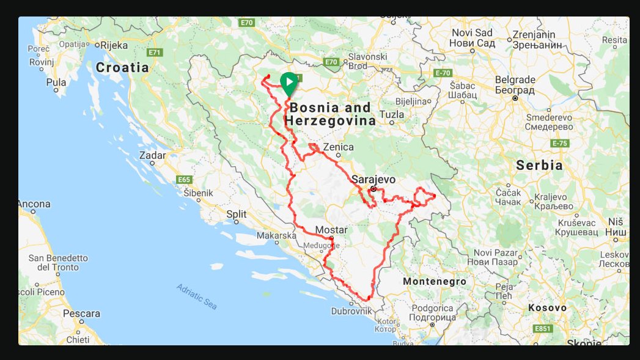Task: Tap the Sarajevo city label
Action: pyautogui.click(x=373, y=180)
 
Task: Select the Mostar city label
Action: pyautogui.click(x=331, y=230)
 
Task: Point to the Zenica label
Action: pyautogui.click(x=338, y=147)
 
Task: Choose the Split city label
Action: pyautogui.click(x=236, y=214)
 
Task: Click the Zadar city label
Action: pyautogui.click(x=152, y=155)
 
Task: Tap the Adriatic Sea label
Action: pyautogui.click(x=196, y=296)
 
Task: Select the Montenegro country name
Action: pyautogui.click(x=435, y=282)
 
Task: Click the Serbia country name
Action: pyautogui.click(x=539, y=165)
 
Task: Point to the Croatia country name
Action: pyautogui.click(x=122, y=67)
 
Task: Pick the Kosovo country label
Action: pyautogui.click(x=547, y=307)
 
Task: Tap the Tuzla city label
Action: pyautogui.click(x=392, y=114)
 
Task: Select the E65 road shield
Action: pyautogui.click(x=183, y=180)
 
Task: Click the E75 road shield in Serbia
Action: pyautogui.click(x=559, y=143)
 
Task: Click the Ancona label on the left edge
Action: pyautogui.click(x=34, y=204)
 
